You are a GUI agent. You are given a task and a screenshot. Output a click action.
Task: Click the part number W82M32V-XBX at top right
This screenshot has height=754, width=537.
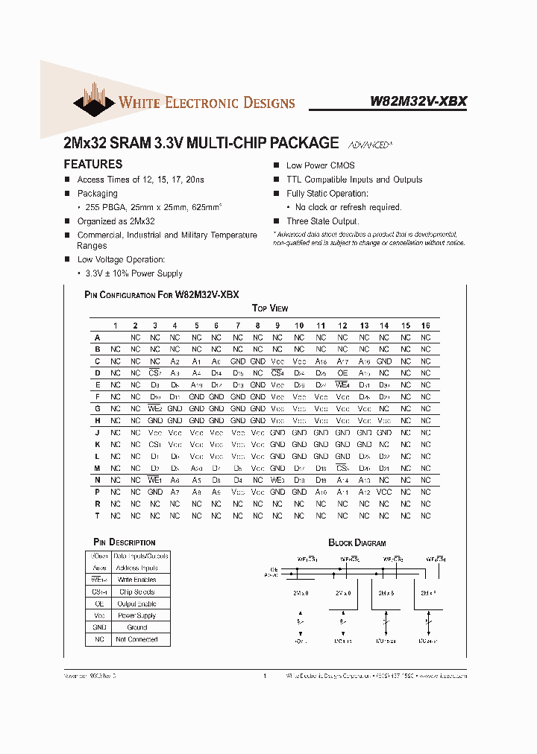point(418,102)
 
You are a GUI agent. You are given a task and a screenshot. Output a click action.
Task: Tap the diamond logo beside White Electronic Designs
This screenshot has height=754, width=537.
point(93,104)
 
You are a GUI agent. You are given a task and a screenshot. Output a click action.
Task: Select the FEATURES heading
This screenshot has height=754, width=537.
point(93,164)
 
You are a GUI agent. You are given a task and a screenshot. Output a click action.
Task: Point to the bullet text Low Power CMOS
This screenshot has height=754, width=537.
point(321,165)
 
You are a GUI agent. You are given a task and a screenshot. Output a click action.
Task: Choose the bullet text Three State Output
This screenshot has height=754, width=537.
point(323,221)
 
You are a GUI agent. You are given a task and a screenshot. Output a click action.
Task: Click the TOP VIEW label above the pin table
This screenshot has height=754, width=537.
point(270,308)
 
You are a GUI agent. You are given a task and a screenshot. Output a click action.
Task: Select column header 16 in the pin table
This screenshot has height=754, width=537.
point(425,326)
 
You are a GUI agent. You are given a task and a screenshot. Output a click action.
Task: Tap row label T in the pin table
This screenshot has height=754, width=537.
point(97,516)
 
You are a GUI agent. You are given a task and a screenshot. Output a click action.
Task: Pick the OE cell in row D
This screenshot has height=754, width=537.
point(342,373)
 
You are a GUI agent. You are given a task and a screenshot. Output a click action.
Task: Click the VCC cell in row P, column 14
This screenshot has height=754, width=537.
point(383,492)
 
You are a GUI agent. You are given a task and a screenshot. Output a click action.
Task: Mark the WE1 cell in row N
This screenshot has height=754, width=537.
point(154,480)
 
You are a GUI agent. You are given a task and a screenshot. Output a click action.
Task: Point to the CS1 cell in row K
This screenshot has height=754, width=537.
point(154,444)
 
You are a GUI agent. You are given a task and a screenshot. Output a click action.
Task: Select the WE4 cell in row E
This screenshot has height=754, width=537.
point(342,385)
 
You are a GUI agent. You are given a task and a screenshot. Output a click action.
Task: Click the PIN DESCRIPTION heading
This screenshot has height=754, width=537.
point(125,542)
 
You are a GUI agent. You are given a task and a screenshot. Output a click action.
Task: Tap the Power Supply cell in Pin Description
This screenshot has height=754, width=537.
point(137,615)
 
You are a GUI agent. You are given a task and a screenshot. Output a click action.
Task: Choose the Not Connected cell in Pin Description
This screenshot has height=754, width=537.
point(137,639)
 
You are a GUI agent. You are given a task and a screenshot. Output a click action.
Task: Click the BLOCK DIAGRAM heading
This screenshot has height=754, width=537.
point(357,543)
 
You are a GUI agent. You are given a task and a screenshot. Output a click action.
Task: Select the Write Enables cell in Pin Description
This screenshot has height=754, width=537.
point(137,580)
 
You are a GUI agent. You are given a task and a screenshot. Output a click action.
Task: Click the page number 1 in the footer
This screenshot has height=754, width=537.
point(265,677)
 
